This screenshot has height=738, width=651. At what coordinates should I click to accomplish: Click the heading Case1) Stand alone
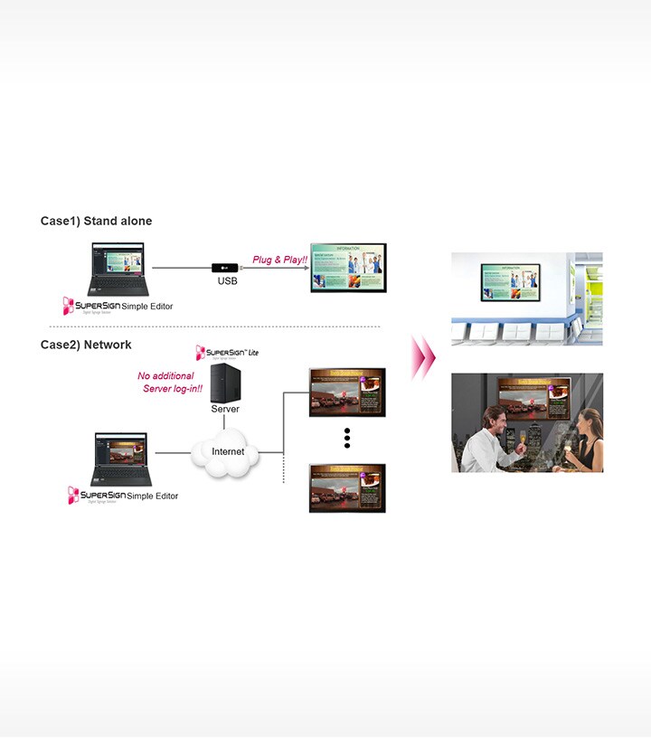(96, 222)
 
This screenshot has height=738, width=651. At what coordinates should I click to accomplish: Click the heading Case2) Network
(86, 345)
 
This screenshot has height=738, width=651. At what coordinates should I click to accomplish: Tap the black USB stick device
(225, 268)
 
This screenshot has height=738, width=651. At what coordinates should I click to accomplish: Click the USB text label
(227, 282)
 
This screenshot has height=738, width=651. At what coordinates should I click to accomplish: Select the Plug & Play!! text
(279, 259)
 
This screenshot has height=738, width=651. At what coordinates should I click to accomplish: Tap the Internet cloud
(227, 451)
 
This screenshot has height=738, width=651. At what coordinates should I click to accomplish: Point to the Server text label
(225, 409)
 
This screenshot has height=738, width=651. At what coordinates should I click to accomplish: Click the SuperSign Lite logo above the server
(226, 352)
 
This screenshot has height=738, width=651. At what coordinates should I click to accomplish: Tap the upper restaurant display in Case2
(347, 392)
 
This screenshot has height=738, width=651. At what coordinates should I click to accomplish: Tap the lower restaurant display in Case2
(347, 487)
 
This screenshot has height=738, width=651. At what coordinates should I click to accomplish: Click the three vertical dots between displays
(347, 439)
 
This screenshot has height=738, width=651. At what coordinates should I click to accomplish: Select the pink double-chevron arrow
(422, 356)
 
